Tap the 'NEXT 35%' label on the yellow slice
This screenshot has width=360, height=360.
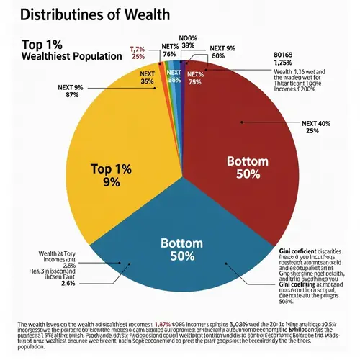coord(148,77)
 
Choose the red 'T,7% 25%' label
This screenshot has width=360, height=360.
coord(138,53)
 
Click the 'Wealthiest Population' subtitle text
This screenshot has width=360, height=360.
coord(70,56)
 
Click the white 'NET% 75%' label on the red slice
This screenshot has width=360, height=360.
coord(195,77)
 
